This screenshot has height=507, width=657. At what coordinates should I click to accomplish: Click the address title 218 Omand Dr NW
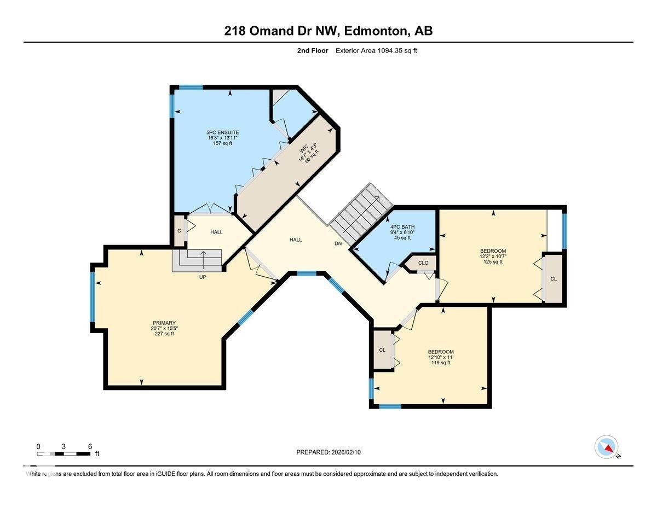point(328,31)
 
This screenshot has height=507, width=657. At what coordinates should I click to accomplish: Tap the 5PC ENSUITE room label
point(222,133)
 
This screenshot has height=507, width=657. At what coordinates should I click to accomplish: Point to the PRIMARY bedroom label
point(164,323)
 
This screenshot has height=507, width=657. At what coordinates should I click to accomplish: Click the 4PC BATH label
point(402,226)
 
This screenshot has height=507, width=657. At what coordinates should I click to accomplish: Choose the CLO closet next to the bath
point(423,263)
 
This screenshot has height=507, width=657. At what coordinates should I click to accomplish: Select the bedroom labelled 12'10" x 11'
point(441,357)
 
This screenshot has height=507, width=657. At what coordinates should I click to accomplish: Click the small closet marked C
point(179,231)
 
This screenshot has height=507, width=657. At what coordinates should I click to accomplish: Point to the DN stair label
point(338,244)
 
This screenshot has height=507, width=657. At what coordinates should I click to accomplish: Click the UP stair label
point(203,277)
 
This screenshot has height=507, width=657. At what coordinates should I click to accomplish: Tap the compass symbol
point(606,447)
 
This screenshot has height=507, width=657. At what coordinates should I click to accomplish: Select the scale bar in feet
point(64,453)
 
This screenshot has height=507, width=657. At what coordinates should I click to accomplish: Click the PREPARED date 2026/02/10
point(329,452)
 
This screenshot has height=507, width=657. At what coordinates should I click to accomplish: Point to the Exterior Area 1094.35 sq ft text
point(380,51)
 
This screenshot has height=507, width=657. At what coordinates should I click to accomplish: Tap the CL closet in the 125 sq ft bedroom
point(553,279)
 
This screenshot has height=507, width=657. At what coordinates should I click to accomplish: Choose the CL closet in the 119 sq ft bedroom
point(382,350)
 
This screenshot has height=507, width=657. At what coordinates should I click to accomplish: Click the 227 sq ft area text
point(164,334)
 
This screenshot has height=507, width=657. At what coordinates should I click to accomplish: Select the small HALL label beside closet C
point(216,232)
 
